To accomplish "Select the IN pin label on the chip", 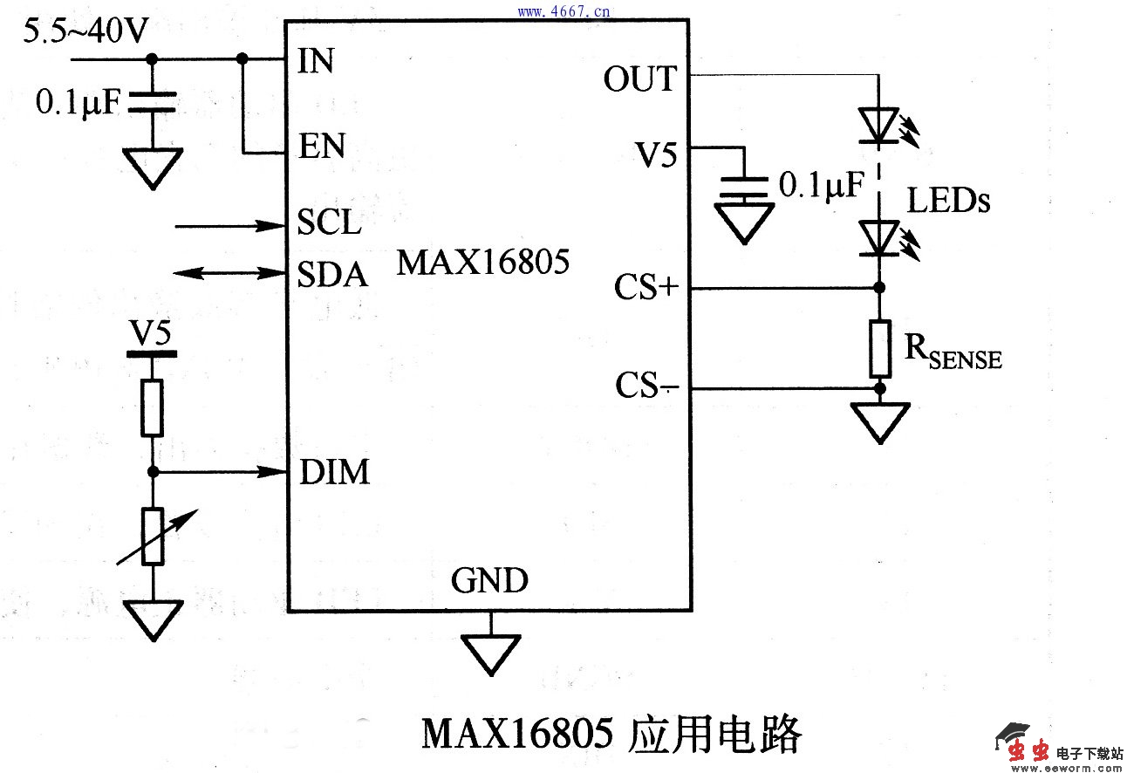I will [316, 62].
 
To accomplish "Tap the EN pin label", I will [322, 146].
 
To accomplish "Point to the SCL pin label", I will [329, 222].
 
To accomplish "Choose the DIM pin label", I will [334, 473].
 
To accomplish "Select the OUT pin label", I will [639, 79].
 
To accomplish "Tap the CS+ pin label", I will [645, 288].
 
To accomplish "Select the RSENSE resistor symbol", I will [879, 348].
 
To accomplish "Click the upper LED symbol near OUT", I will [879, 125].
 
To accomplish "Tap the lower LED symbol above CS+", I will [879, 237].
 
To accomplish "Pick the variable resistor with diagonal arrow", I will [153, 536].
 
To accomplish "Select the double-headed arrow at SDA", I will [231, 273].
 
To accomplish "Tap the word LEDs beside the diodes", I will [949, 202].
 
